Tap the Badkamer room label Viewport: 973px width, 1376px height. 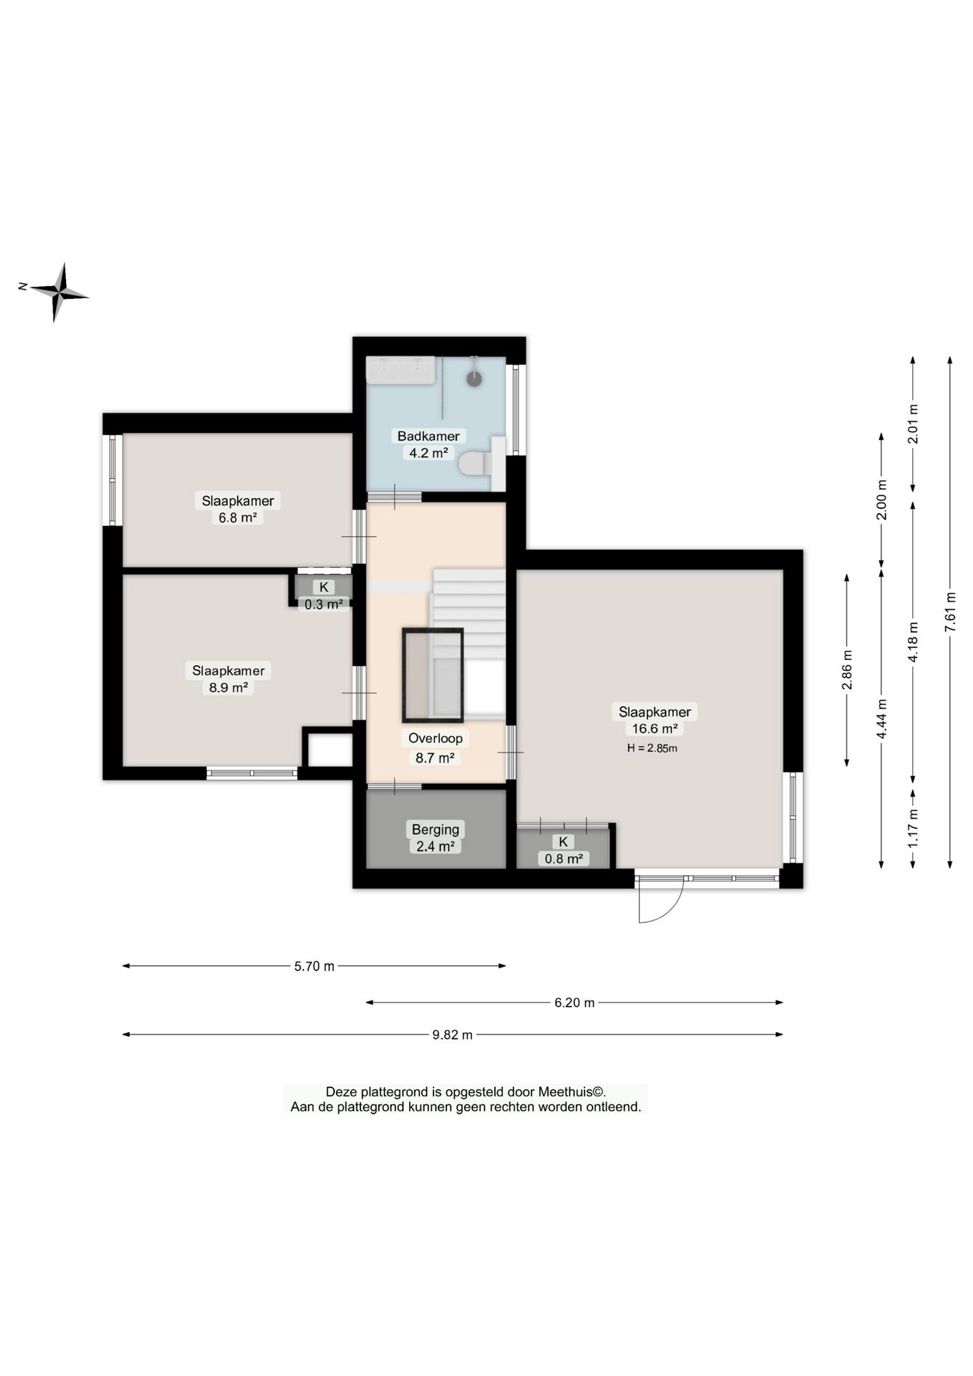(428, 436)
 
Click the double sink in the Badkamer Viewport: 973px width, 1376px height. (401, 370)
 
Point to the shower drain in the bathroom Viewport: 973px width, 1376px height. (474, 378)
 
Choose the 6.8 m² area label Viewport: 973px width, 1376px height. (238, 517)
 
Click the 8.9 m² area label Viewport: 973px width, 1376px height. (229, 687)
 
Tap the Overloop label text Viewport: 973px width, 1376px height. (436, 738)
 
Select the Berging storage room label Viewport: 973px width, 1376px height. (436, 829)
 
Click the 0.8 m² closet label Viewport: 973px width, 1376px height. (564, 858)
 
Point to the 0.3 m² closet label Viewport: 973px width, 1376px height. (324, 604)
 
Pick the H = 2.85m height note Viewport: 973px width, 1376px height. (652, 748)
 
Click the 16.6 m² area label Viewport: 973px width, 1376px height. (655, 729)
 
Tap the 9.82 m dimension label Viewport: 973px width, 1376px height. (452, 1035)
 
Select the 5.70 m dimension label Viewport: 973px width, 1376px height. (315, 966)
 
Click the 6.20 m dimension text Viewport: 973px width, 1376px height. (575, 1003)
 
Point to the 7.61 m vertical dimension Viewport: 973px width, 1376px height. (950, 611)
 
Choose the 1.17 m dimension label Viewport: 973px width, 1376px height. (913, 828)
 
